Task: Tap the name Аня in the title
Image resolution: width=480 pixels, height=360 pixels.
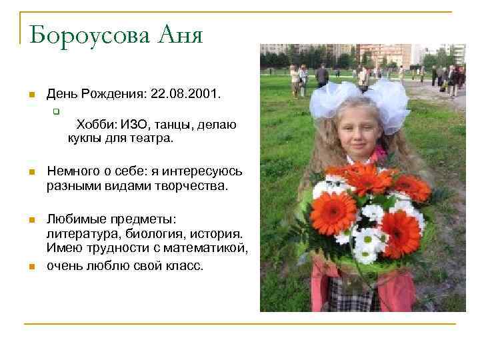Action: [179, 34]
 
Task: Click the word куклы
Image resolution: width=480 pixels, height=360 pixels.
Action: [83, 139]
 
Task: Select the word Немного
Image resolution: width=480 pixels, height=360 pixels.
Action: [71, 172]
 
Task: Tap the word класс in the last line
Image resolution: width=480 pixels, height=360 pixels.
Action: [186, 265]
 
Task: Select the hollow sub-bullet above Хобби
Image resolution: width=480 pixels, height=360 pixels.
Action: [57, 111]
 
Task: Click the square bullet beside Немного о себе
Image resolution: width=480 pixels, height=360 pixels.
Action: [31, 173]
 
